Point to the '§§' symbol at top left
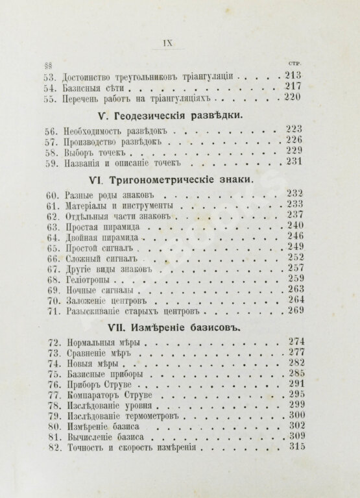tap(48, 64)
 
